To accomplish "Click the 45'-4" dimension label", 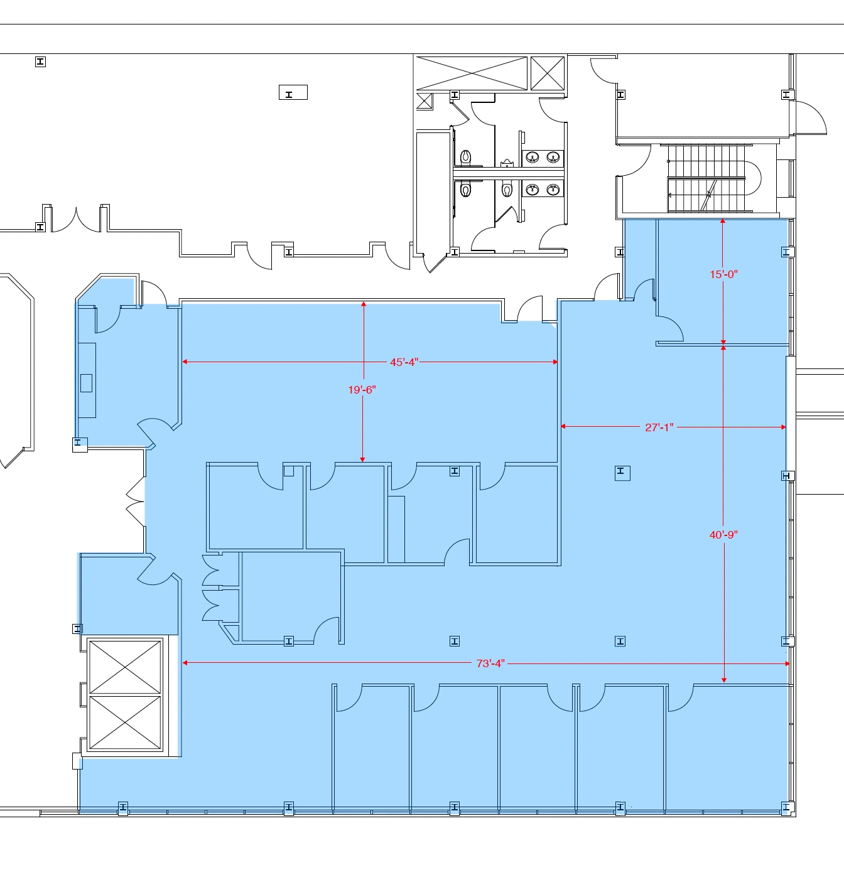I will [x=404, y=362].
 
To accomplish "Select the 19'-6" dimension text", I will [x=362, y=390].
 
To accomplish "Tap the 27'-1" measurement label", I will [x=659, y=427].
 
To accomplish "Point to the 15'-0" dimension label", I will [x=723, y=274].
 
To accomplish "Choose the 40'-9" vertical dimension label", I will [x=723, y=535].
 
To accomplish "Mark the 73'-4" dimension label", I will [x=490, y=663].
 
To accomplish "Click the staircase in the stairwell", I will [x=707, y=178].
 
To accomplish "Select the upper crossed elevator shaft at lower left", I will [x=126, y=667].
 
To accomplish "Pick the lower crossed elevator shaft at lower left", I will [x=126, y=723].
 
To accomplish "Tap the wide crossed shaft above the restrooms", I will [x=472, y=73].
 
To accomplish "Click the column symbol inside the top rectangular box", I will [x=289, y=94].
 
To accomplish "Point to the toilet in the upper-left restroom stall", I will [x=466, y=156].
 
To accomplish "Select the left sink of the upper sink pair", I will [x=533, y=157].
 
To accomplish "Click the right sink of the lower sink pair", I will [x=553, y=189].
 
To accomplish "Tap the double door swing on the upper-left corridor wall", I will [x=75, y=220].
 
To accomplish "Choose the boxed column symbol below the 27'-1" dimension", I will [x=621, y=472].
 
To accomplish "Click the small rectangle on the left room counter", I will [x=87, y=383].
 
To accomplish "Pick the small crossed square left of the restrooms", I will [x=425, y=101].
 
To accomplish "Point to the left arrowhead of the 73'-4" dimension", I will [x=185, y=663].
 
